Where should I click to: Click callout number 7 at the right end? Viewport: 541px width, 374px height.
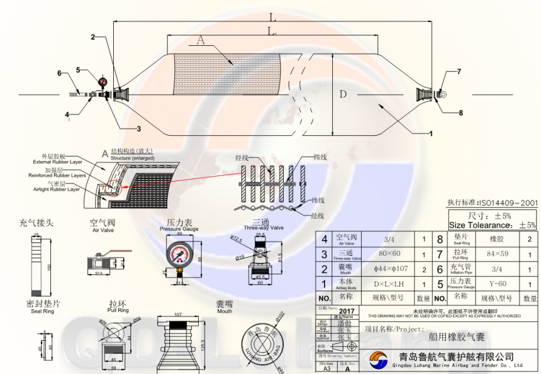point(459,72)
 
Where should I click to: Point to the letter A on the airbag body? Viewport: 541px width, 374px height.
point(200,40)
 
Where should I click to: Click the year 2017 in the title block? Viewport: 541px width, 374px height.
point(347,311)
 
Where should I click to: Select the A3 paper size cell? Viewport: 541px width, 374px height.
point(326,369)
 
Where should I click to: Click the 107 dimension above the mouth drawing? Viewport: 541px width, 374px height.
point(177,314)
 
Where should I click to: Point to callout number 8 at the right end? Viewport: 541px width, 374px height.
point(460,113)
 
